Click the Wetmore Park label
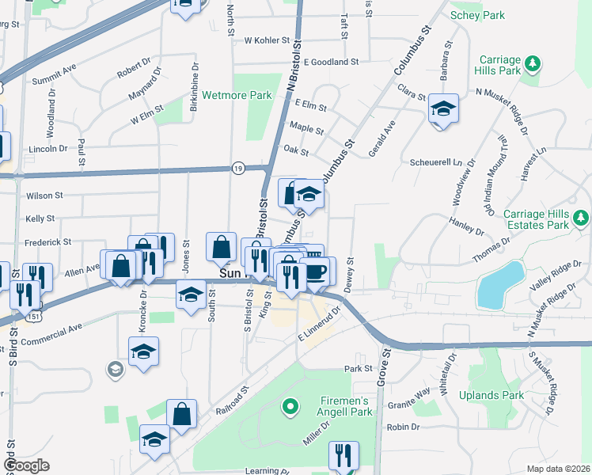[226, 95]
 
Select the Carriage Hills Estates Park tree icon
[582, 215]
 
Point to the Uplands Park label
[502, 395]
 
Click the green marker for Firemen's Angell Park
[290, 408]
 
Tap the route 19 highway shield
[237, 168]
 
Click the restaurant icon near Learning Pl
[343, 454]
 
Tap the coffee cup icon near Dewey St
[317, 272]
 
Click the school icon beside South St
[189, 295]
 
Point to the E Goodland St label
[331, 61]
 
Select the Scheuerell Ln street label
[435, 161]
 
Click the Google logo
[26, 465]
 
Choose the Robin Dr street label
[402, 426]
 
